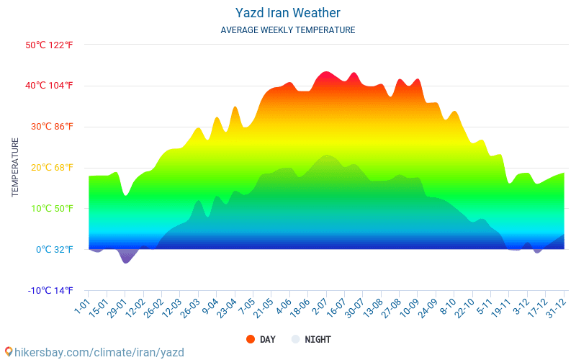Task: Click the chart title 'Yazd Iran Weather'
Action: click(x=288, y=13)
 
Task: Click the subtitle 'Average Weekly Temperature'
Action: click(x=288, y=30)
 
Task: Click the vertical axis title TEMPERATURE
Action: click(x=15, y=168)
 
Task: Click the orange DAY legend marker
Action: click(x=251, y=339)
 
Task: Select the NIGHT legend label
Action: click(x=318, y=339)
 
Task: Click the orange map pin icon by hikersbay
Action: click(x=8, y=352)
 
